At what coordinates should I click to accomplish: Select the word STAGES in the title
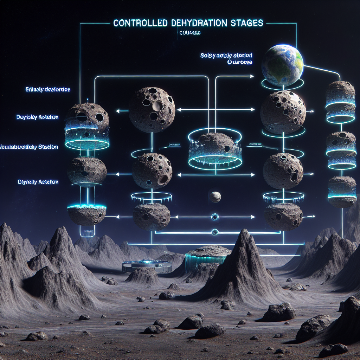click(245, 23)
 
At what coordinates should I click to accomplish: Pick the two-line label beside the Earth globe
click(227, 59)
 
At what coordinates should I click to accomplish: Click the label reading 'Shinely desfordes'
click(48, 90)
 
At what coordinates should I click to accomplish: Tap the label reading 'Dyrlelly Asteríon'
click(38, 182)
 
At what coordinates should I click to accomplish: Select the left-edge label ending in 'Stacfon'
click(30, 147)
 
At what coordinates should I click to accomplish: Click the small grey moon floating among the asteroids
click(215, 197)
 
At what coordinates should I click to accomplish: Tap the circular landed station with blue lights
click(147, 266)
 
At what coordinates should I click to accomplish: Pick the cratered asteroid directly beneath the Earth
click(283, 111)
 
